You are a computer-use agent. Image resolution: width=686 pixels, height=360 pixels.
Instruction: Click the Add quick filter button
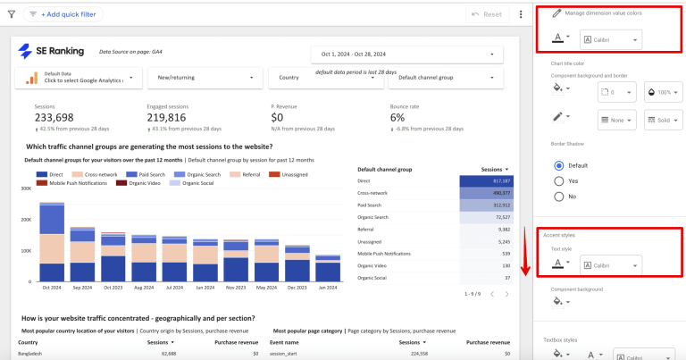click(63, 14)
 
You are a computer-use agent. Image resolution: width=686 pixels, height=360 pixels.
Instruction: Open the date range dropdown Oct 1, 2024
click(405, 54)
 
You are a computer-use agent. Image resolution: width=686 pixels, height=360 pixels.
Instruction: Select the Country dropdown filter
click(323, 78)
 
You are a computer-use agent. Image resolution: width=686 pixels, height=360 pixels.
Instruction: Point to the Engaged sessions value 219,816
click(166, 117)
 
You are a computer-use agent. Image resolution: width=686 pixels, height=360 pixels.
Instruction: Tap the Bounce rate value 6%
click(397, 117)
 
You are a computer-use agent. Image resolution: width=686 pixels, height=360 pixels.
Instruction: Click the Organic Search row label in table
click(379, 216)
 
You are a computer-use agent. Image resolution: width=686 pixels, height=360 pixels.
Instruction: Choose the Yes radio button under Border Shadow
click(560, 180)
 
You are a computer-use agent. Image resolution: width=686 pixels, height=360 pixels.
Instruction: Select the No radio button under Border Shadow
click(560, 196)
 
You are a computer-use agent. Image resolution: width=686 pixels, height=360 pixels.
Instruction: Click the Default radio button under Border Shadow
click(560, 165)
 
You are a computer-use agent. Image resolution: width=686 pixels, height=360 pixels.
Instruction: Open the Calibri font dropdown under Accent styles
click(610, 265)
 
